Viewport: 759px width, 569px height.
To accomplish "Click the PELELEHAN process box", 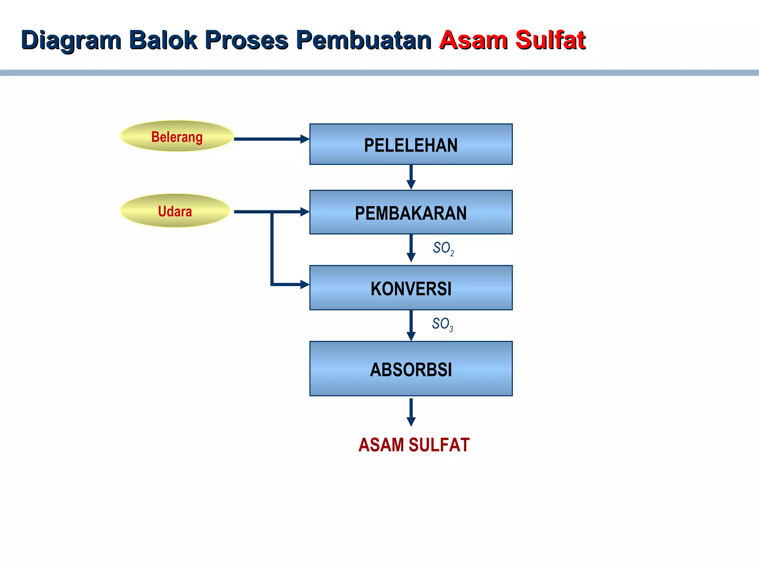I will click(411, 144).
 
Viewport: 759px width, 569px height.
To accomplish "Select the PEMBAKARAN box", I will click(411, 212).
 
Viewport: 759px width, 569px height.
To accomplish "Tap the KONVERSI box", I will click(411, 288).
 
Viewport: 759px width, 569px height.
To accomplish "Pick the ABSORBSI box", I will click(411, 369).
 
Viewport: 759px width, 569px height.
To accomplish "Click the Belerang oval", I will click(177, 136).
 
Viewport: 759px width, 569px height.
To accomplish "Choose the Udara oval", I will click(175, 211).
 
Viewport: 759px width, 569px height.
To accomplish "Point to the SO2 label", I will click(443, 248).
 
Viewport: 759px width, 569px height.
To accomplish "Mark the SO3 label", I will click(442, 324).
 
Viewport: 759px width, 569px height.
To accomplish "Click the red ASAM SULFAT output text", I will click(414, 445).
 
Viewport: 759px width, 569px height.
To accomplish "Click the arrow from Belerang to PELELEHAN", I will click(271, 139).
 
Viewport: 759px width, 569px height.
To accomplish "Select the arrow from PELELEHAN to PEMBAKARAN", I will click(411, 177).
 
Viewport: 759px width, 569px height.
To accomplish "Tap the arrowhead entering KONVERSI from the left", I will click(305, 284).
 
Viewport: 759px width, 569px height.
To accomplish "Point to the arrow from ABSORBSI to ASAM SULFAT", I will click(411, 412).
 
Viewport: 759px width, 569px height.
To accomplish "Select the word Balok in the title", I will click(163, 40).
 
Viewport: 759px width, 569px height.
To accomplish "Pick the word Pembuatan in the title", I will click(364, 40).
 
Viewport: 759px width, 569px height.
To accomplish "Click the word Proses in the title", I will click(246, 40).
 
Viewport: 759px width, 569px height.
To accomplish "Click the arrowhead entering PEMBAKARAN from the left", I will click(305, 212).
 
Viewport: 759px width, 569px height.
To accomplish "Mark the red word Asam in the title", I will click(473, 40).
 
